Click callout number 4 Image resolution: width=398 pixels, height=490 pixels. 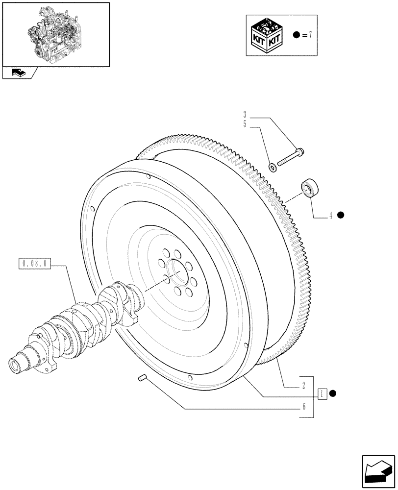[x=331, y=215]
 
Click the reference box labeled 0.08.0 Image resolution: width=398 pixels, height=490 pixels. [x=34, y=264]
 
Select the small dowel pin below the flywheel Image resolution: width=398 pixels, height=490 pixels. [x=142, y=378]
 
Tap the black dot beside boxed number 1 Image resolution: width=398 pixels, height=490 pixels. [x=333, y=393]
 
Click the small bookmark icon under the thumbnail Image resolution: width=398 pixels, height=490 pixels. [x=18, y=73]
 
